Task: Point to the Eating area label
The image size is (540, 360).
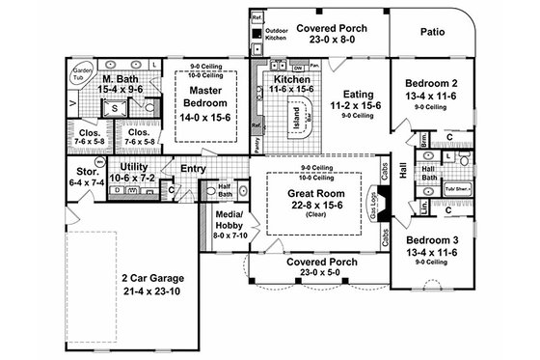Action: click(x=344, y=95)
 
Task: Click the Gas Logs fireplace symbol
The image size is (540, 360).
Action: click(x=380, y=206)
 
